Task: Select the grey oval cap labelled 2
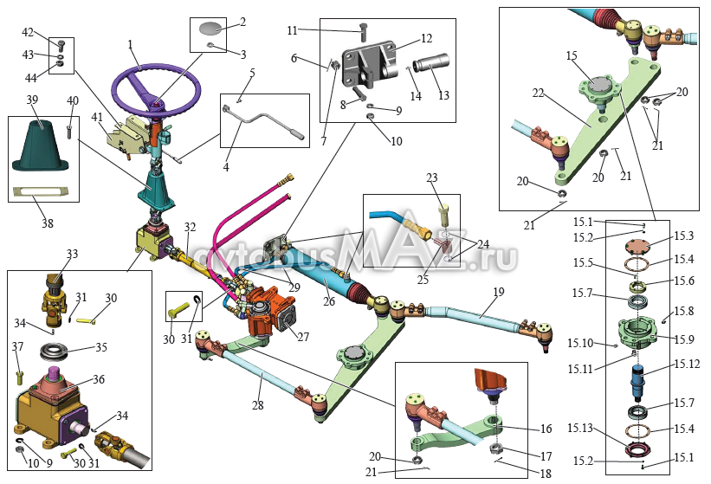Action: pos(210,27)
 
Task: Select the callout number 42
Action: pos(28,32)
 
